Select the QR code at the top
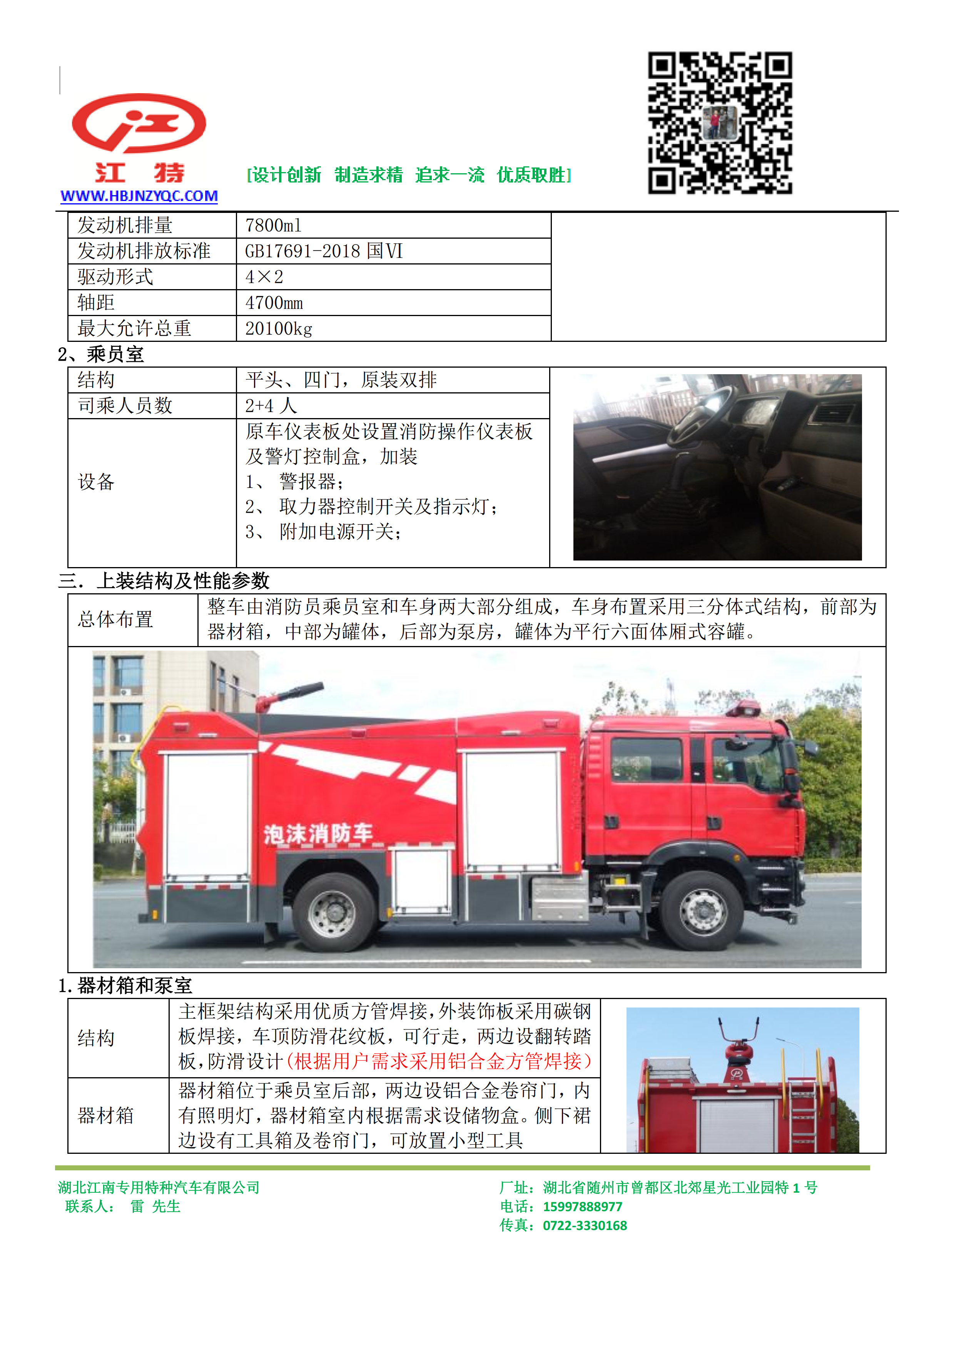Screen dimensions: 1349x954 coord(720,123)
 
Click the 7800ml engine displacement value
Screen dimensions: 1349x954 coord(273,226)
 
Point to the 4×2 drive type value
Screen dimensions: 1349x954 coord(264,277)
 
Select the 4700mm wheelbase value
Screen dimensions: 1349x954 coord(274,303)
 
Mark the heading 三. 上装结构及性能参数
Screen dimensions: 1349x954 coord(164,581)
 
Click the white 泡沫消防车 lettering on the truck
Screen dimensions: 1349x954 coord(318,834)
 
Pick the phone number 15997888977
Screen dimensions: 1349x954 coord(582,1207)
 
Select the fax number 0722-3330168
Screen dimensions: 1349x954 coord(585,1226)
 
